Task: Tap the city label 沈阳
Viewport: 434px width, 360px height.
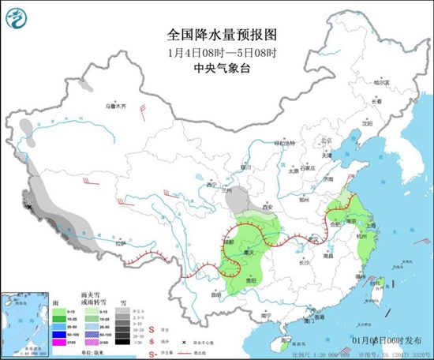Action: (365, 123)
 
